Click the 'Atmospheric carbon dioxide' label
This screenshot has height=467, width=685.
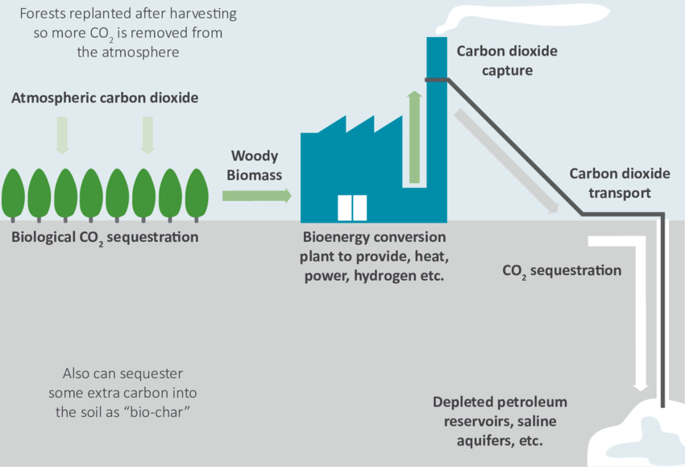click(x=105, y=98)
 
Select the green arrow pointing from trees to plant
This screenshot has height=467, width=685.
click(x=256, y=195)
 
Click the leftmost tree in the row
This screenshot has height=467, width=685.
click(x=13, y=192)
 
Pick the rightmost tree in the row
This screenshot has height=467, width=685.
click(x=197, y=192)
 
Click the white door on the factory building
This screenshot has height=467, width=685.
click(x=352, y=207)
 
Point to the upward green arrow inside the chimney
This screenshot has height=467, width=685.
click(x=415, y=137)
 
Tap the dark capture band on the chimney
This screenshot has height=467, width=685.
click(x=437, y=79)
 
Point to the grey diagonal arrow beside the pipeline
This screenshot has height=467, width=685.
click(x=507, y=161)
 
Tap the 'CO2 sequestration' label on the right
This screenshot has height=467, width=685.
click(x=562, y=271)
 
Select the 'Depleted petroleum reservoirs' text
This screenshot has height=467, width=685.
click(x=500, y=402)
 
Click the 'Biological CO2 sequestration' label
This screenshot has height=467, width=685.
click(x=105, y=238)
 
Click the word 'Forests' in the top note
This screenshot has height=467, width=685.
click(x=42, y=15)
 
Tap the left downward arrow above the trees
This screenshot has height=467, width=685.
click(x=62, y=134)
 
